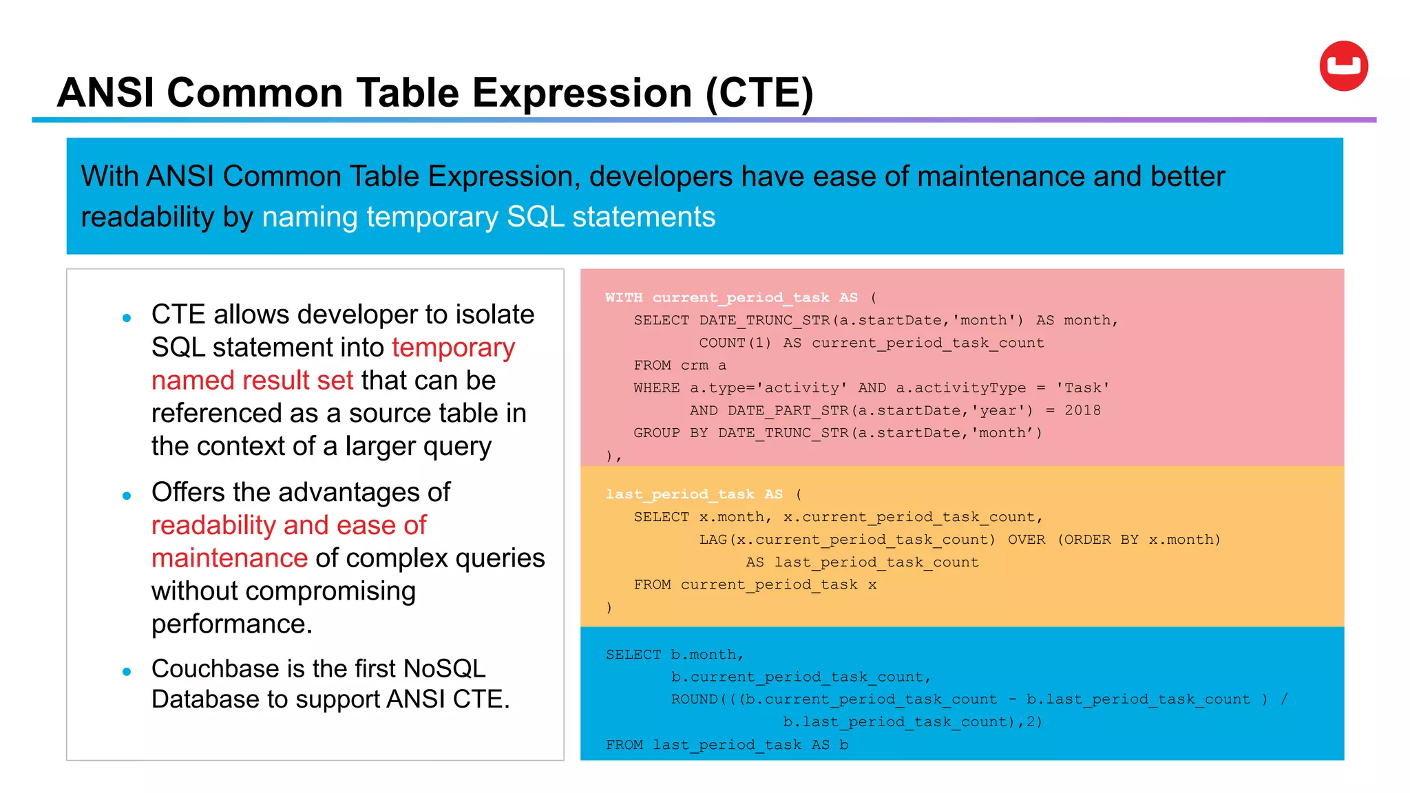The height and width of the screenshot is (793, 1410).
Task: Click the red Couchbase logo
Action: tap(1343, 66)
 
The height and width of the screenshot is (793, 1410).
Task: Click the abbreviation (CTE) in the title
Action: tap(759, 93)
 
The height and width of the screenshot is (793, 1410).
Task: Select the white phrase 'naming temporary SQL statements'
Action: tap(488, 217)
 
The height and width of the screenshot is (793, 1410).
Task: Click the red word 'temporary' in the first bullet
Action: tap(453, 347)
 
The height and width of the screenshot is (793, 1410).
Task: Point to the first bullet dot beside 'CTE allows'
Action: tap(127, 317)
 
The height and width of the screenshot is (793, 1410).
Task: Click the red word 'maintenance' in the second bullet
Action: tap(229, 558)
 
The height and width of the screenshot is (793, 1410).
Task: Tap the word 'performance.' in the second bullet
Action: tap(232, 624)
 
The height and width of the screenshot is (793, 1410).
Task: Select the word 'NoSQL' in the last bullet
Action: tap(444, 668)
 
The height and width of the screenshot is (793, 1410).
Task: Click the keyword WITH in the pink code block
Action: tap(623, 297)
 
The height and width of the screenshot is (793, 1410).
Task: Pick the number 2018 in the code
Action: tap(1082, 410)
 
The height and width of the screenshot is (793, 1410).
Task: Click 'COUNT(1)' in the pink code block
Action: tap(735, 343)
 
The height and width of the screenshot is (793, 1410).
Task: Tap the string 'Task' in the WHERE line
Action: tap(1083, 388)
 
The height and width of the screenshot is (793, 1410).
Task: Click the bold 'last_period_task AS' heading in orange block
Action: tap(694, 494)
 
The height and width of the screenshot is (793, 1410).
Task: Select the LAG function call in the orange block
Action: tap(847, 540)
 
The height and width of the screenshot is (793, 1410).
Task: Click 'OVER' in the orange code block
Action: tap(1026, 540)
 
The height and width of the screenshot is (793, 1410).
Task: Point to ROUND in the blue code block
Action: tap(694, 699)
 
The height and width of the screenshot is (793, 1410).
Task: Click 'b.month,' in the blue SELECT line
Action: tap(707, 655)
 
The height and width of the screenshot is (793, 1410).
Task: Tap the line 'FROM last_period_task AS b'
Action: tap(726, 745)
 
